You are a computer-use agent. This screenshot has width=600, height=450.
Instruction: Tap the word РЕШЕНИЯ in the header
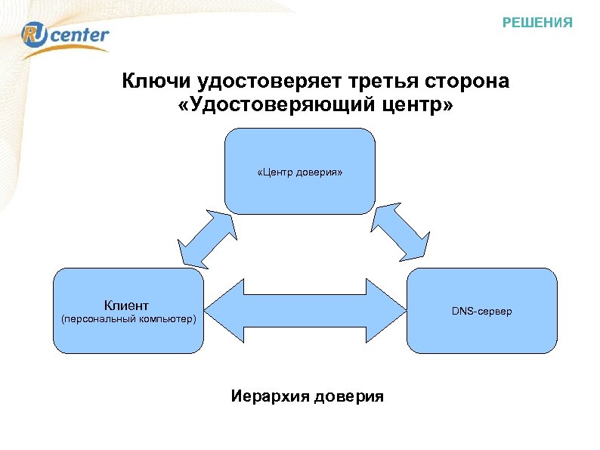tap(537, 23)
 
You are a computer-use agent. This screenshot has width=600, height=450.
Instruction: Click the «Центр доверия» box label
tap(299, 173)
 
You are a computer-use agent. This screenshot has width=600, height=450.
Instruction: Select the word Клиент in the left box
tap(126, 306)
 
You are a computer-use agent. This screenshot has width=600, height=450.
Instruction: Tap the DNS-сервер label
tap(481, 311)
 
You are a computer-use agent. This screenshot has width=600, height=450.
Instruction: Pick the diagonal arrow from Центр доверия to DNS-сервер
tap(401, 230)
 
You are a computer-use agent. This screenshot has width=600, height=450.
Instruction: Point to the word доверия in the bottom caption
tap(348, 396)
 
